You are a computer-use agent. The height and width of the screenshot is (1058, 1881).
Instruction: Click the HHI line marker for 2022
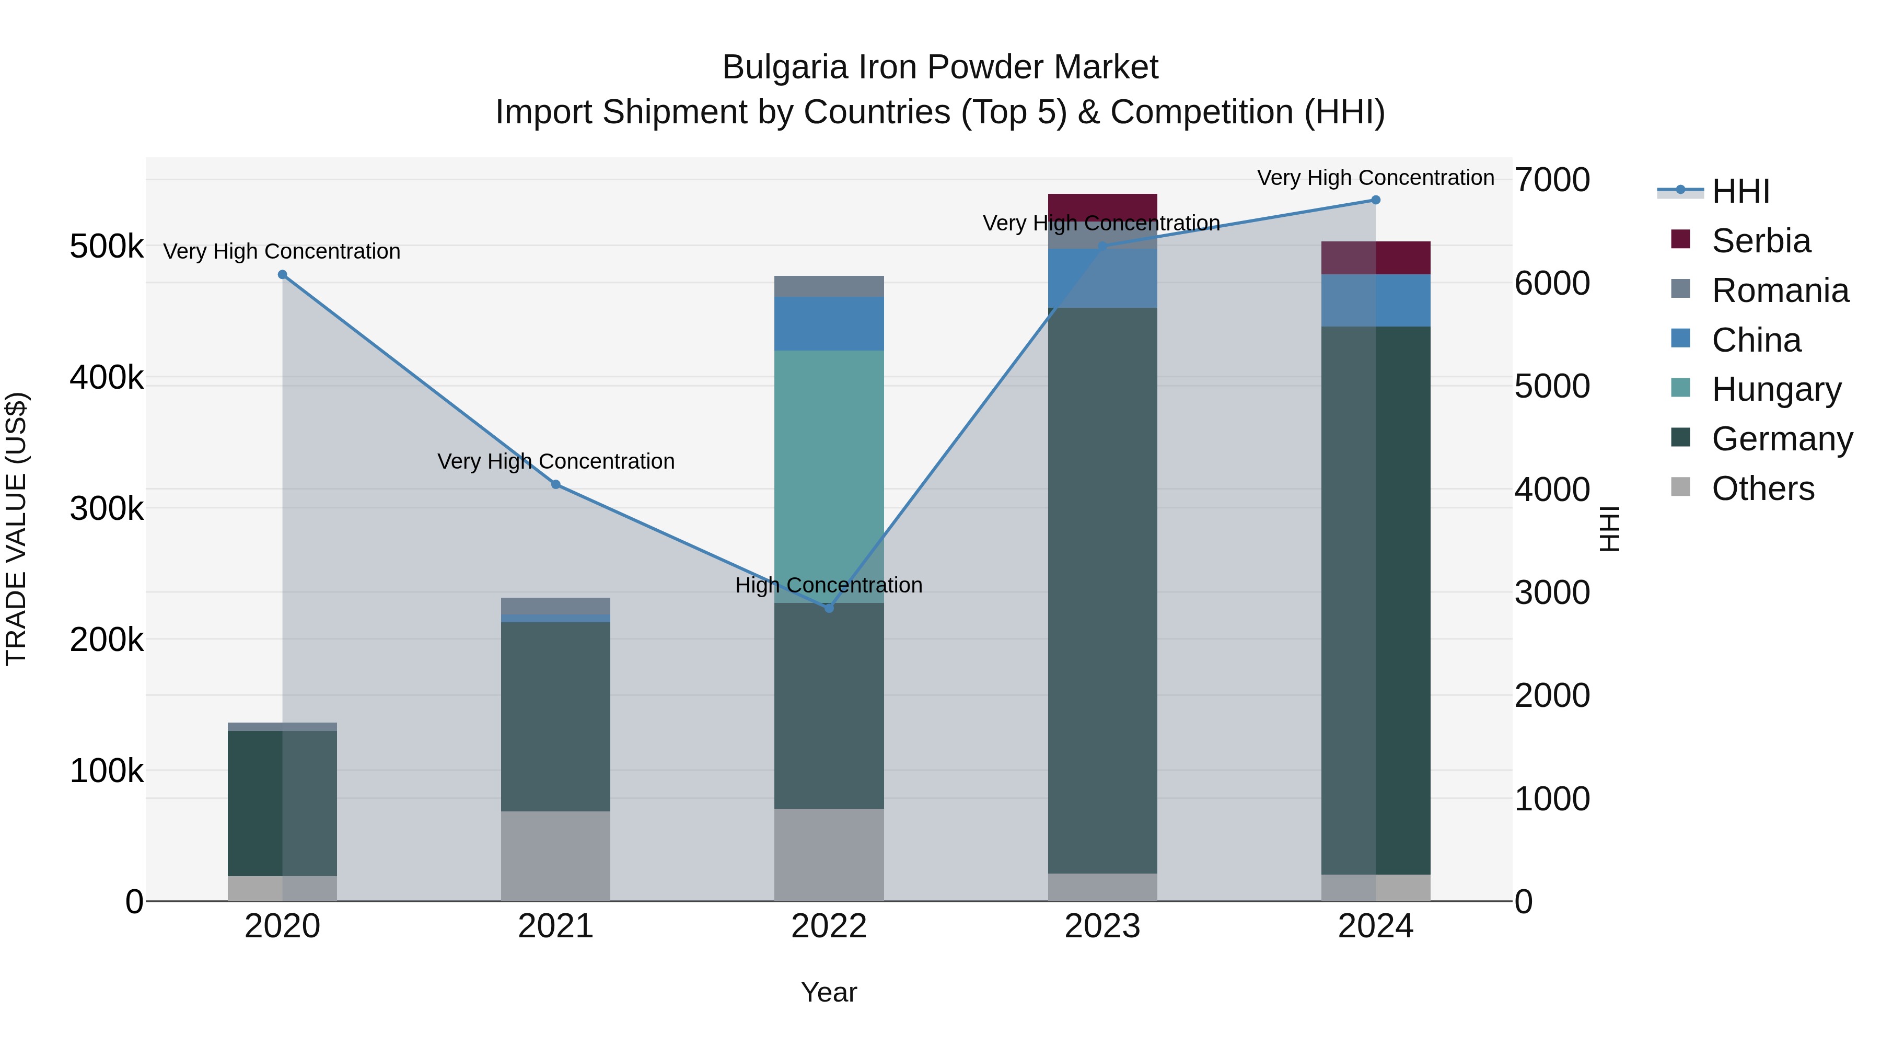(829, 608)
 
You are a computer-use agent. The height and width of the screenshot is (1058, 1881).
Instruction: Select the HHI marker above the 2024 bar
(1376, 200)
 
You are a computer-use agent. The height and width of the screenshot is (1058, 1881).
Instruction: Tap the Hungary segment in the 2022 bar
(829, 474)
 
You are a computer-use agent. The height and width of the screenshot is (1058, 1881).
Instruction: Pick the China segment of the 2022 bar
(829, 323)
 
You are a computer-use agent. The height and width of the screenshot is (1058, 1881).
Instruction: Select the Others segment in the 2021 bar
(556, 856)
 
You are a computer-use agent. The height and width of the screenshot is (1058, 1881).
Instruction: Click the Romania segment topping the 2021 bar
(556, 606)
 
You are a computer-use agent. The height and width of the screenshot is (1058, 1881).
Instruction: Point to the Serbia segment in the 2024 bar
(1376, 258)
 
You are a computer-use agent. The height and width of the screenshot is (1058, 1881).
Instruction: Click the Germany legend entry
(1782, 439)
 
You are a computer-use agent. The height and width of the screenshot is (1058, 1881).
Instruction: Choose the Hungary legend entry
(1776, 389)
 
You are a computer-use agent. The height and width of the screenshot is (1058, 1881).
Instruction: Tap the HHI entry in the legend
(1740, 191)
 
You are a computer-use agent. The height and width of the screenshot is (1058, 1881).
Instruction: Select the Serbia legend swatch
(1681, 239)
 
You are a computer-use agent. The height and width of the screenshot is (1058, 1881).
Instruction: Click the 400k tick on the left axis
(107, 378)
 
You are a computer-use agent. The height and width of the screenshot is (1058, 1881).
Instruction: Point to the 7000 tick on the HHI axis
(1552, 180)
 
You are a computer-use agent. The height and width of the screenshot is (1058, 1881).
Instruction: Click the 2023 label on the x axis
(1102, 926)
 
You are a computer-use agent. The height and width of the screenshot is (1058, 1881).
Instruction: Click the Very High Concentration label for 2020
(282, 251)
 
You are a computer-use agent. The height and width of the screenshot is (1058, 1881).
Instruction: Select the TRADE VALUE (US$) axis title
(17, 529)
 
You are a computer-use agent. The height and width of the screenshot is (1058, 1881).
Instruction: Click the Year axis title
(829, 992)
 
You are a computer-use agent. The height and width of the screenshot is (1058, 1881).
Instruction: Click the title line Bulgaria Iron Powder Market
(940, 67)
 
